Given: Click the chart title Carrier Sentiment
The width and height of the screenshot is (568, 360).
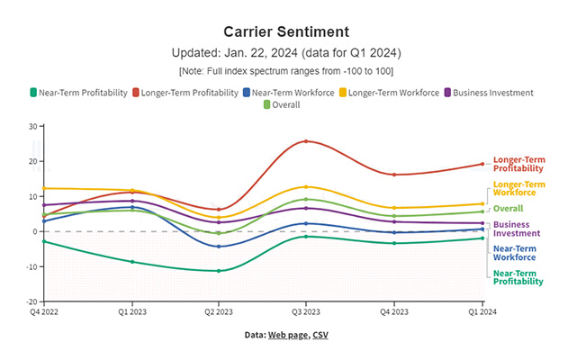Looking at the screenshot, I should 284,31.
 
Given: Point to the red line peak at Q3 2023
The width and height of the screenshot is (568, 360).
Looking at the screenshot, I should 305,141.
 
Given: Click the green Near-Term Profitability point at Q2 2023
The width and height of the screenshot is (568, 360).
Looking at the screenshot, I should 219,271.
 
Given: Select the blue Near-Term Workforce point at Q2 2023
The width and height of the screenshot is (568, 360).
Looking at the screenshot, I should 219,247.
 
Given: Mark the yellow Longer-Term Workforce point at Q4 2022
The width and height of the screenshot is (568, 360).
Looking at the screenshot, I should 46,188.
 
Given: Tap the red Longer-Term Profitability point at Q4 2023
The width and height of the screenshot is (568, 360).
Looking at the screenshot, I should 393,175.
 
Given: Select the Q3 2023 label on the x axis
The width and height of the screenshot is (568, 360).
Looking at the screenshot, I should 305,312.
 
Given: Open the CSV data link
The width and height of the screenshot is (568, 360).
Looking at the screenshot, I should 320,335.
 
